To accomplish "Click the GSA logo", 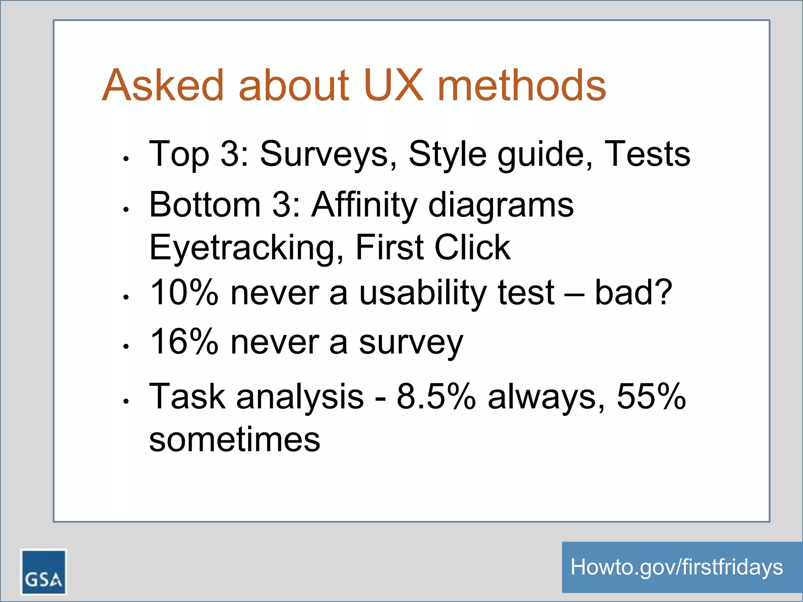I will tap(44, 571).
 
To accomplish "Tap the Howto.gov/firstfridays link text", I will tap(676, 567).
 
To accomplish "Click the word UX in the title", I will tap(393, 85).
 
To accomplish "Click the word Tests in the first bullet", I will tap(647, 154).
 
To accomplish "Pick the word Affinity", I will tap(364, 205).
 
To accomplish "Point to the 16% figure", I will tap(184, 342).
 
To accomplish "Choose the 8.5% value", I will tap(436, 397).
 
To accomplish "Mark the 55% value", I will tap(651, 397).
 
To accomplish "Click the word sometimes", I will tap(234, 440).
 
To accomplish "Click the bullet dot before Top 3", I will tap(126, 159).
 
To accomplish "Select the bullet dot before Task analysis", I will tap(126, 401).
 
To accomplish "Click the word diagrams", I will tap(501, 205).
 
